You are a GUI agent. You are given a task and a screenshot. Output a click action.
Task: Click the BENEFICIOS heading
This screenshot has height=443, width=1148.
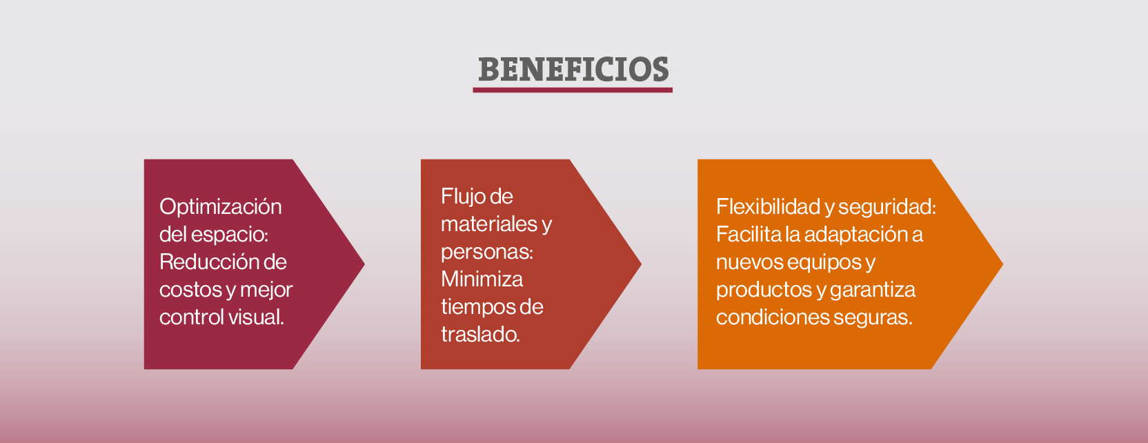click(573, 69)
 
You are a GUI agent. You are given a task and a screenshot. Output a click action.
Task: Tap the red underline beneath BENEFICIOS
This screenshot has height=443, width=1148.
click(573, 90)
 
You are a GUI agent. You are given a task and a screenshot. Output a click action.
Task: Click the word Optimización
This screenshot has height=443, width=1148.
click(220, 207)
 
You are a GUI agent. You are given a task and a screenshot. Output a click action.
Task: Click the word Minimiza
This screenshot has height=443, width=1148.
click(482, 279)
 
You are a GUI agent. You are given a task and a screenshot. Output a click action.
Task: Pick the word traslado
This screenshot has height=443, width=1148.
click(480, 335)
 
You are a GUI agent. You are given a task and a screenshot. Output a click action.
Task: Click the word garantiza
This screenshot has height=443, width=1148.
click(872, 291)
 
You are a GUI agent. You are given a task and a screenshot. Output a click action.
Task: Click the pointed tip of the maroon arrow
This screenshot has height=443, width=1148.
click(364, 264)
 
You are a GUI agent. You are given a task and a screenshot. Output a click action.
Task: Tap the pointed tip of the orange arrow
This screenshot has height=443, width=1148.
click(1003, 264)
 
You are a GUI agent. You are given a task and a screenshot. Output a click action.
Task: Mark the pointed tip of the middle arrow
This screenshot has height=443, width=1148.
click(641, 264)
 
